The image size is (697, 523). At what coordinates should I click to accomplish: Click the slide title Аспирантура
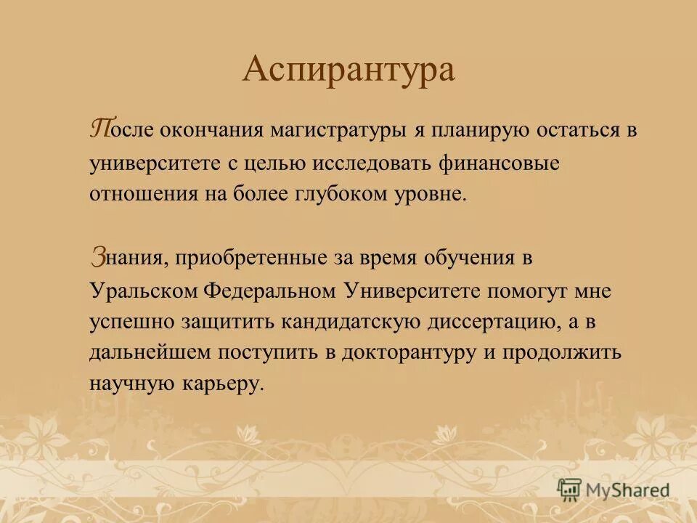(348, 70)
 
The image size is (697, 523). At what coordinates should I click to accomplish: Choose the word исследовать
(374, 163)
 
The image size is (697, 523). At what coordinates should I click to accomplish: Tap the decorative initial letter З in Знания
(99, 255)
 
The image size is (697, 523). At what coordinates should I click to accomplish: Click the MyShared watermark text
(627, 490)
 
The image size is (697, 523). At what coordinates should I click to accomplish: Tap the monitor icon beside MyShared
(569, 490)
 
